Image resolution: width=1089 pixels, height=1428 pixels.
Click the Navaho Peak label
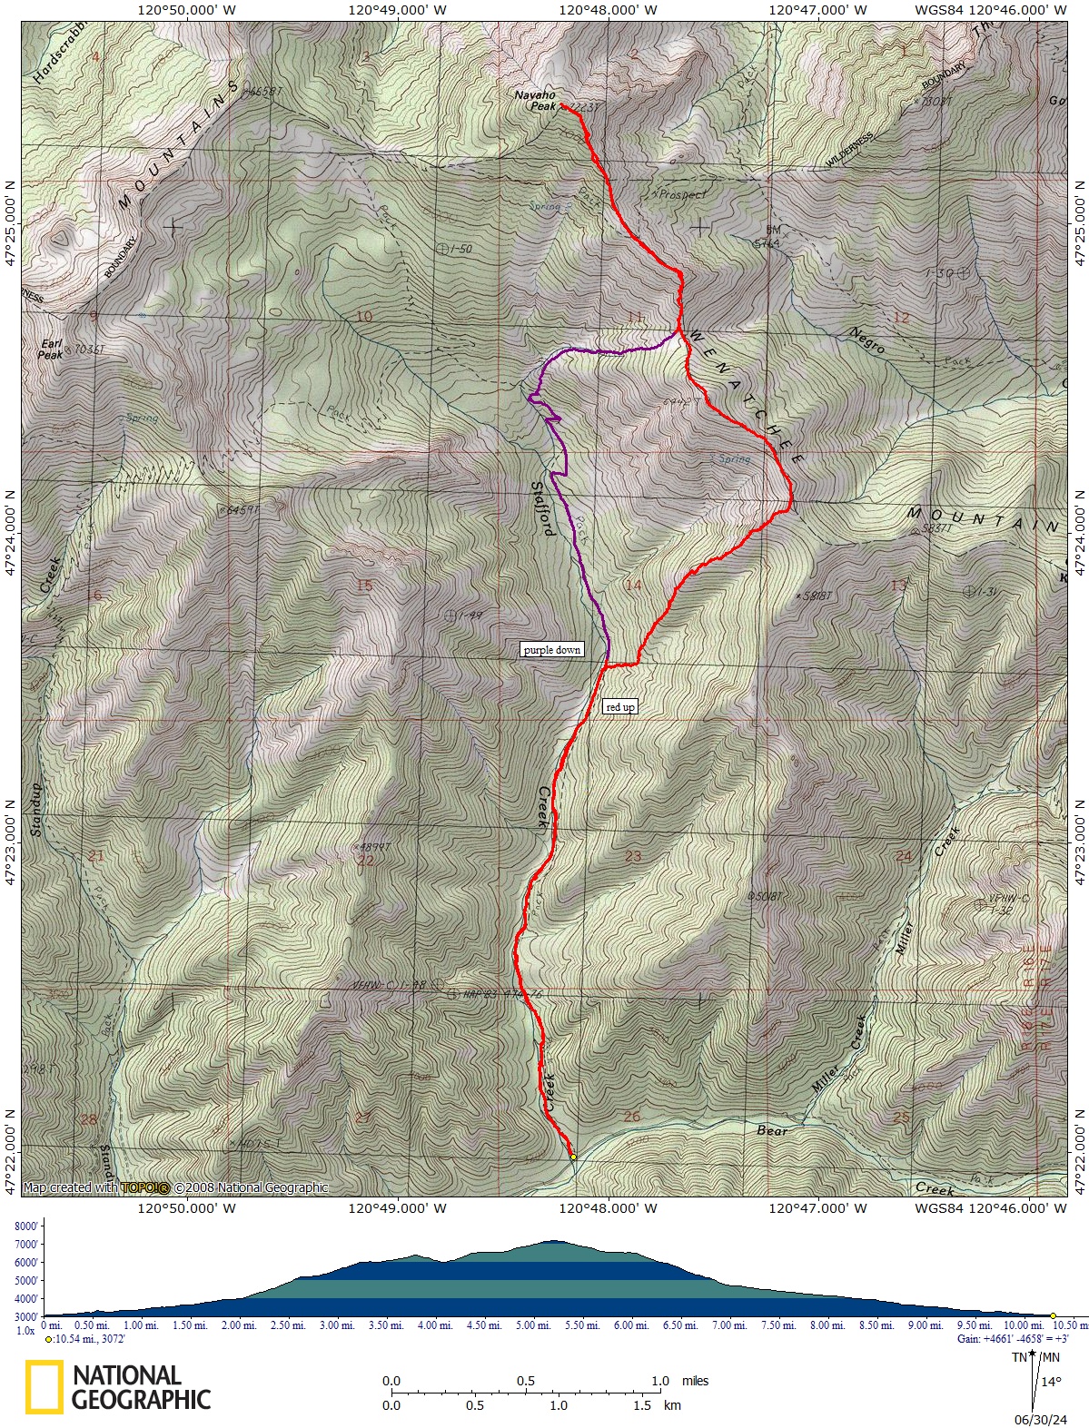coord(534,100)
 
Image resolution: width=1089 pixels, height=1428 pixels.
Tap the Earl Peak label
coord(50,350)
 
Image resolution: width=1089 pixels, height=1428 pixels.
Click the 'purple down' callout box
coord(551,650)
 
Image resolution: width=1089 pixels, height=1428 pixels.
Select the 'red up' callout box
coord(620,707)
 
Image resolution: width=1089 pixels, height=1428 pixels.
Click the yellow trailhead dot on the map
coord(573,1157)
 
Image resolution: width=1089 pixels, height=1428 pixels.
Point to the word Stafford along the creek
coord(542,507)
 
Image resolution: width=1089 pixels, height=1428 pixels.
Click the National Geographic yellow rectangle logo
coord(44,1386)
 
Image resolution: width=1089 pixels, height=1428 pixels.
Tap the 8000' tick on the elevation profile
coord(26,1226)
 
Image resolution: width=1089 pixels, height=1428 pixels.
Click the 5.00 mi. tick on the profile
coord(533,1325)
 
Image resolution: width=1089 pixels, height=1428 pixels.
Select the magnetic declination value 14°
coord(1050,1382)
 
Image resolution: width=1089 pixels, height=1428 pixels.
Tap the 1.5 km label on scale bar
coord(656,1405)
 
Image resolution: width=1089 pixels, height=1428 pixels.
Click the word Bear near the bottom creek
coord(773,1130)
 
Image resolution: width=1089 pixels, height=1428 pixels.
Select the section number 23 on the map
coord(633,856)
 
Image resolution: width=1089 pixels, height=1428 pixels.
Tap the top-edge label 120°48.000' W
coord(608,11)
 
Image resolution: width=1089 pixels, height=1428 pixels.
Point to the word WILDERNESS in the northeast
coord(850,149)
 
